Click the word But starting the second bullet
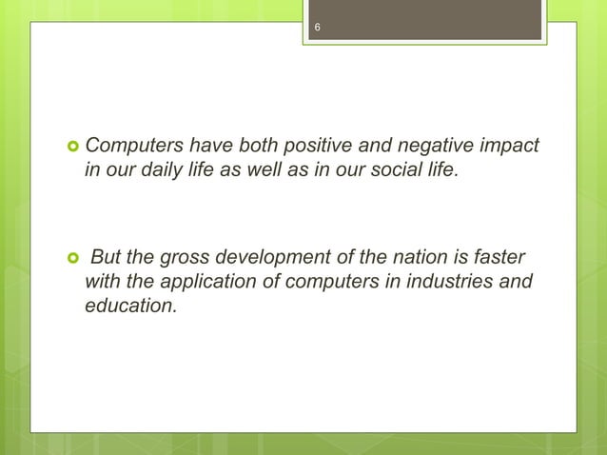click(108, 261)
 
